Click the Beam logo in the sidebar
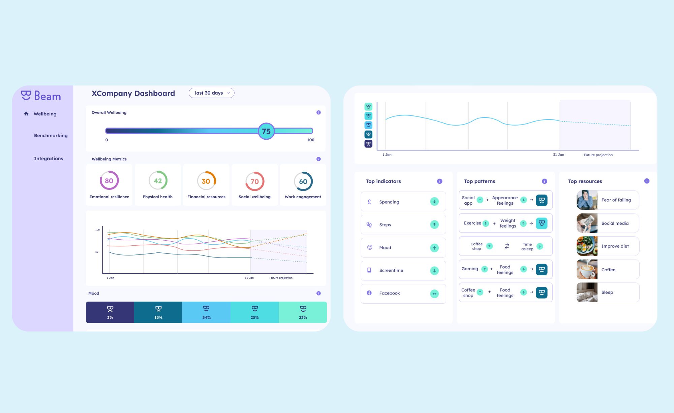pos(41,96)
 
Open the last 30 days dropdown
pos(211,93)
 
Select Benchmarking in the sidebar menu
pos(51,136)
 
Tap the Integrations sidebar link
pos(48,159)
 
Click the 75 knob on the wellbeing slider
pos(266,131)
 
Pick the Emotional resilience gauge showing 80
pos(109,181)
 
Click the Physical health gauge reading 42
pos(158,181)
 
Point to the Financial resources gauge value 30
pos(206,181)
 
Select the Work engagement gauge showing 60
pos(303,181)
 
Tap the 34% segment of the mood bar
pos(206,312)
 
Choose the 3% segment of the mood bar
pos(110,312)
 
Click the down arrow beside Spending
pos(434,202)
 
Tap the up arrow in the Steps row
pos(434,225)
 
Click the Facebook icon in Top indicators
pos(369,293)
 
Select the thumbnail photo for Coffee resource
pos(587,269)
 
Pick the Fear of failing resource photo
pos(587,200)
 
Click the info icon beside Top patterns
pos(544,181)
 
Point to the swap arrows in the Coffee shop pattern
pos(507,246)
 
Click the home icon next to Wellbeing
pos(26,114)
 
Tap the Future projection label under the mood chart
pos(598,155)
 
